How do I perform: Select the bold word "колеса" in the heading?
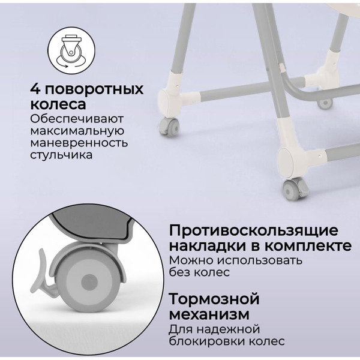[x=56, y=104]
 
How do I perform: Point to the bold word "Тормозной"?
[x=214, y=299]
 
